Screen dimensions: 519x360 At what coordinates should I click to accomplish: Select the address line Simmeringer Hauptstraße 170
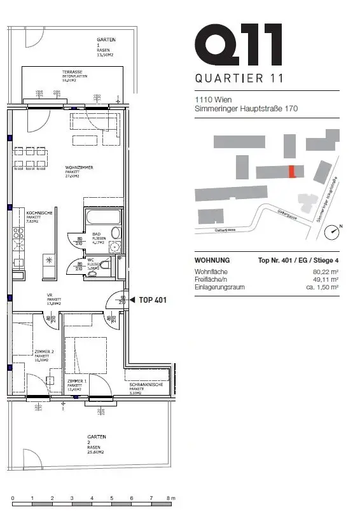[x=246, y=109]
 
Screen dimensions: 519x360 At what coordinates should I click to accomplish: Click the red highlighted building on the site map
[x=292, y=172]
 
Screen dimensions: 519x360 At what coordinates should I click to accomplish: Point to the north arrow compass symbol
[x=332, y=233]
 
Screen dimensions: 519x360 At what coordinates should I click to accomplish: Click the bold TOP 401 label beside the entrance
[x=153, y=300]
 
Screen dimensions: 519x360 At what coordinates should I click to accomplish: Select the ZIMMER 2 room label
[x=44, y=351]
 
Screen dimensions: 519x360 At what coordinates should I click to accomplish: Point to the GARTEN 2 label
[x=97, y=440]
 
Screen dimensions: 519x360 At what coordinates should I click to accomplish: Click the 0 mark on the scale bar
[x=13, y=497]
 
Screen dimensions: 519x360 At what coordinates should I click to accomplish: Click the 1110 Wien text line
[x=212, y=100]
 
